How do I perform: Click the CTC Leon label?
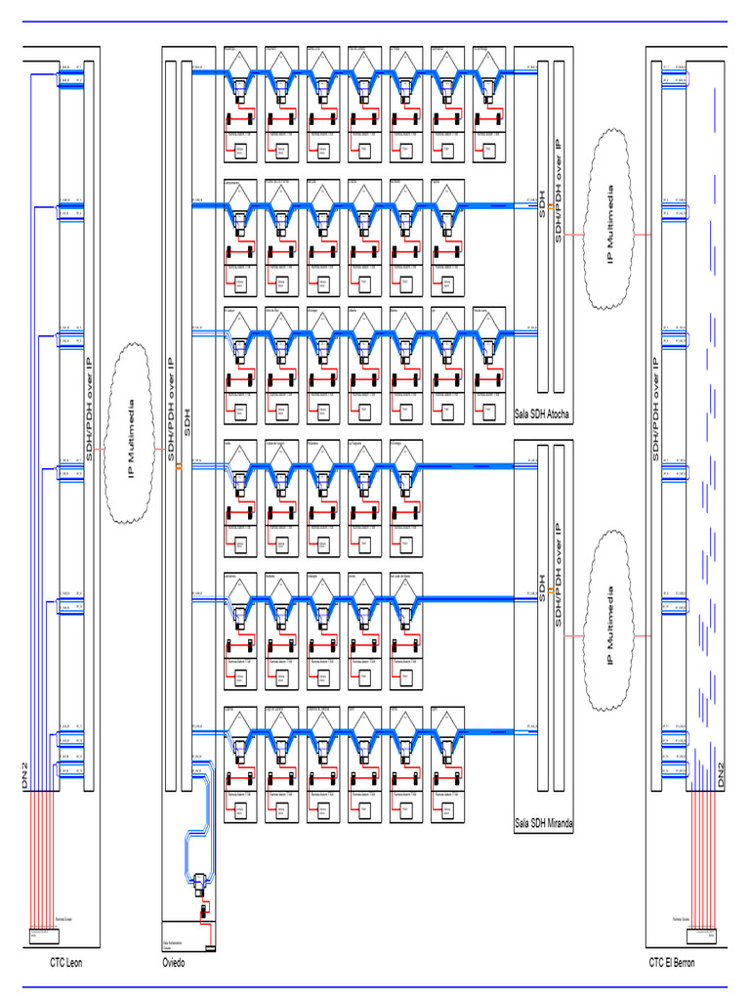coord(66,963)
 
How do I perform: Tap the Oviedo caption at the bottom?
coord(173,963)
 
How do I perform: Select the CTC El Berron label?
coord(672,963)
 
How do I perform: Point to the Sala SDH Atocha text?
coord(542,413)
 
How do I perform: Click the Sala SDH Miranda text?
coord(544,824)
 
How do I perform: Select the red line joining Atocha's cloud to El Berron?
coord(642,236)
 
